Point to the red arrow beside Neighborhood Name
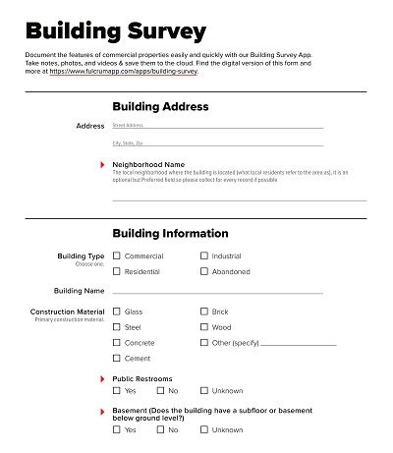pos(103,164)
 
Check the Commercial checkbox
pos(116,256)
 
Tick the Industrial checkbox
pos(203,256)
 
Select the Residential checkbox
pos(116,272)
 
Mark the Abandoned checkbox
pos(203,272)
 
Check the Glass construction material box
pos(116,311)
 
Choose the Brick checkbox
pos(203,311)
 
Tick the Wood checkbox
pos(203,327)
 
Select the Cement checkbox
pos(116,359)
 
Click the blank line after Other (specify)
pos(299,344)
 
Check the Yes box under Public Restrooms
pos(116,391)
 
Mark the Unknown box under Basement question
pos(203,430)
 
